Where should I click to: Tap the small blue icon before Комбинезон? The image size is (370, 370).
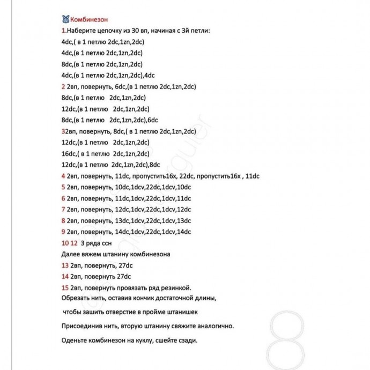point(65,18)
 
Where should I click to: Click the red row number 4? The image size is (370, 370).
point(63,176)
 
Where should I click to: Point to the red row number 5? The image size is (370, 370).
point(63,187)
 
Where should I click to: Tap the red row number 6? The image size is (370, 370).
point(63,198)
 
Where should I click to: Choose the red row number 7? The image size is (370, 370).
point(63,209)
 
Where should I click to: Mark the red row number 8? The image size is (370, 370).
point(63,220)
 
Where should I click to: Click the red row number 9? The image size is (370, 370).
point(63,232)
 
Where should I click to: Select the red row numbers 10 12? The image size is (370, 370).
point(69,243)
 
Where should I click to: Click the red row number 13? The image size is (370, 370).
point(65,265)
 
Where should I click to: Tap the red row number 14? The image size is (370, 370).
point(65,277)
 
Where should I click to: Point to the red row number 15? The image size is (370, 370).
point(65,288)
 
